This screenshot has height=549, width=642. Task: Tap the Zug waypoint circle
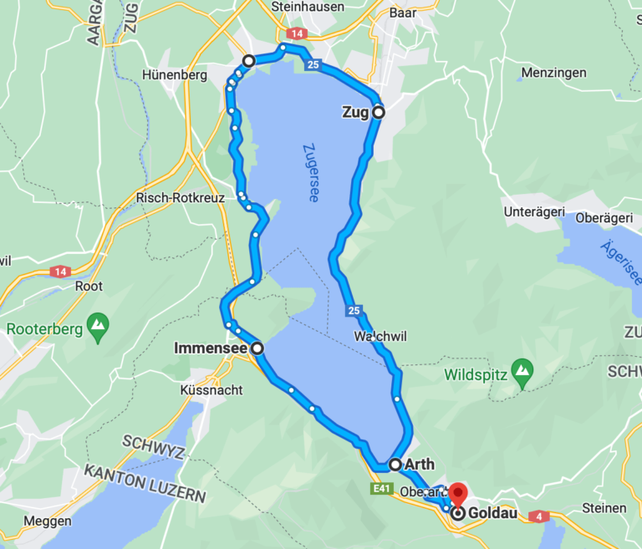coord(378,112)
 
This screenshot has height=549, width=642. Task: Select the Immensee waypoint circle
coord(257,348)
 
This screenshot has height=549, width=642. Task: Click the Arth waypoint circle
coord(395,464)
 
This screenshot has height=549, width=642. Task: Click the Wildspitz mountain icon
coord(522,369)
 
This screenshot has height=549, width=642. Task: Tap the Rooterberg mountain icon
coord(99,323)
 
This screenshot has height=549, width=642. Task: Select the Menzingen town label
coord(553,73)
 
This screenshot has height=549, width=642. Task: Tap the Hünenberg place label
coord(175,74)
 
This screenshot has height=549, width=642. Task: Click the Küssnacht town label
coord(211,389)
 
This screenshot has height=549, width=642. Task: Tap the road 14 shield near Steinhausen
coord(296,33)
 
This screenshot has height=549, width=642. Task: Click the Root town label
coord(89,286)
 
